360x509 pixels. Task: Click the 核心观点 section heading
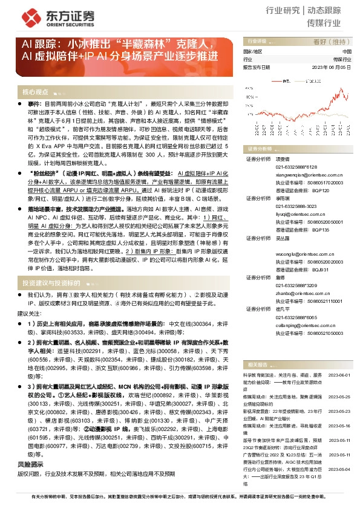tap(35, 92)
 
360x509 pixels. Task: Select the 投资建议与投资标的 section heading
tap(51, 283)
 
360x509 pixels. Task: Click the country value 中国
tap(346, 53)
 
